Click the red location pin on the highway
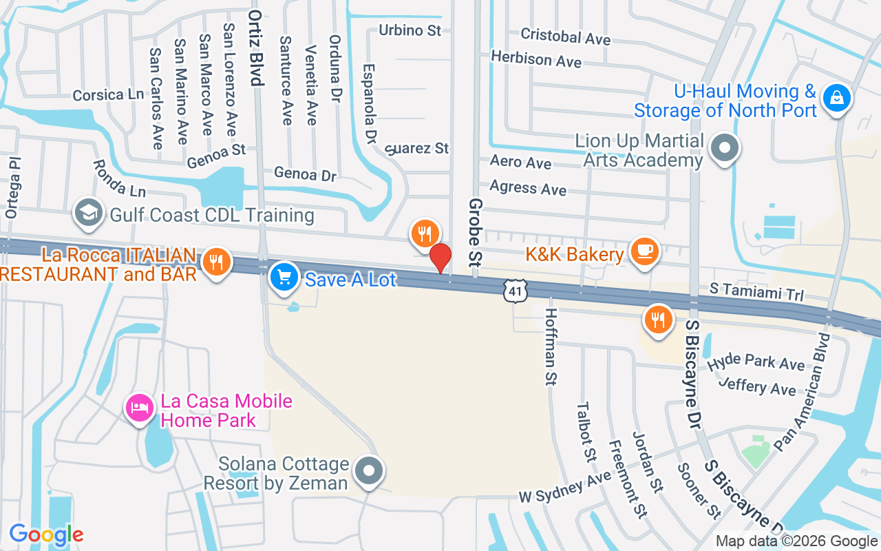click(x=440, y=258)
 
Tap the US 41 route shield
click(x=516, y=291)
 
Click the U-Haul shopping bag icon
click(x=837, y=99)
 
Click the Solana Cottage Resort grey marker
click(x=369, y=472)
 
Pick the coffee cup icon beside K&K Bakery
click(x=645, y=251)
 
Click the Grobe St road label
click(x=475, y=233)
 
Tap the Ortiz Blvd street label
click(x=257, y=48)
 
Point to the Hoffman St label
click(x=551, y=346)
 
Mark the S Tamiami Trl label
click(x=756, y=292)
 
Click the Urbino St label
click(x=410, y=30)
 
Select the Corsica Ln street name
click(x=108, y=95)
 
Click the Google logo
click(x=46, y=534)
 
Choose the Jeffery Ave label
click(x=757, y=386)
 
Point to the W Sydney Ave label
click(x=564, y=487)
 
